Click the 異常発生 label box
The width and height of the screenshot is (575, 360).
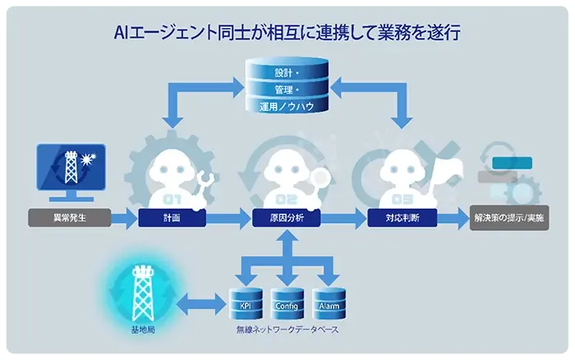[70, 219]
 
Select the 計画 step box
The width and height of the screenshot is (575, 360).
[172, 219]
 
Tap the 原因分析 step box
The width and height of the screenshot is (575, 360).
[286, 219]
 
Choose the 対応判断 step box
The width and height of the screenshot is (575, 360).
[402, 219]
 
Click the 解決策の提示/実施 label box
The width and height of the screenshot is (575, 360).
[508, 219]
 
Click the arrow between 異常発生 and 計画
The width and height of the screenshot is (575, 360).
[123, 219]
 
